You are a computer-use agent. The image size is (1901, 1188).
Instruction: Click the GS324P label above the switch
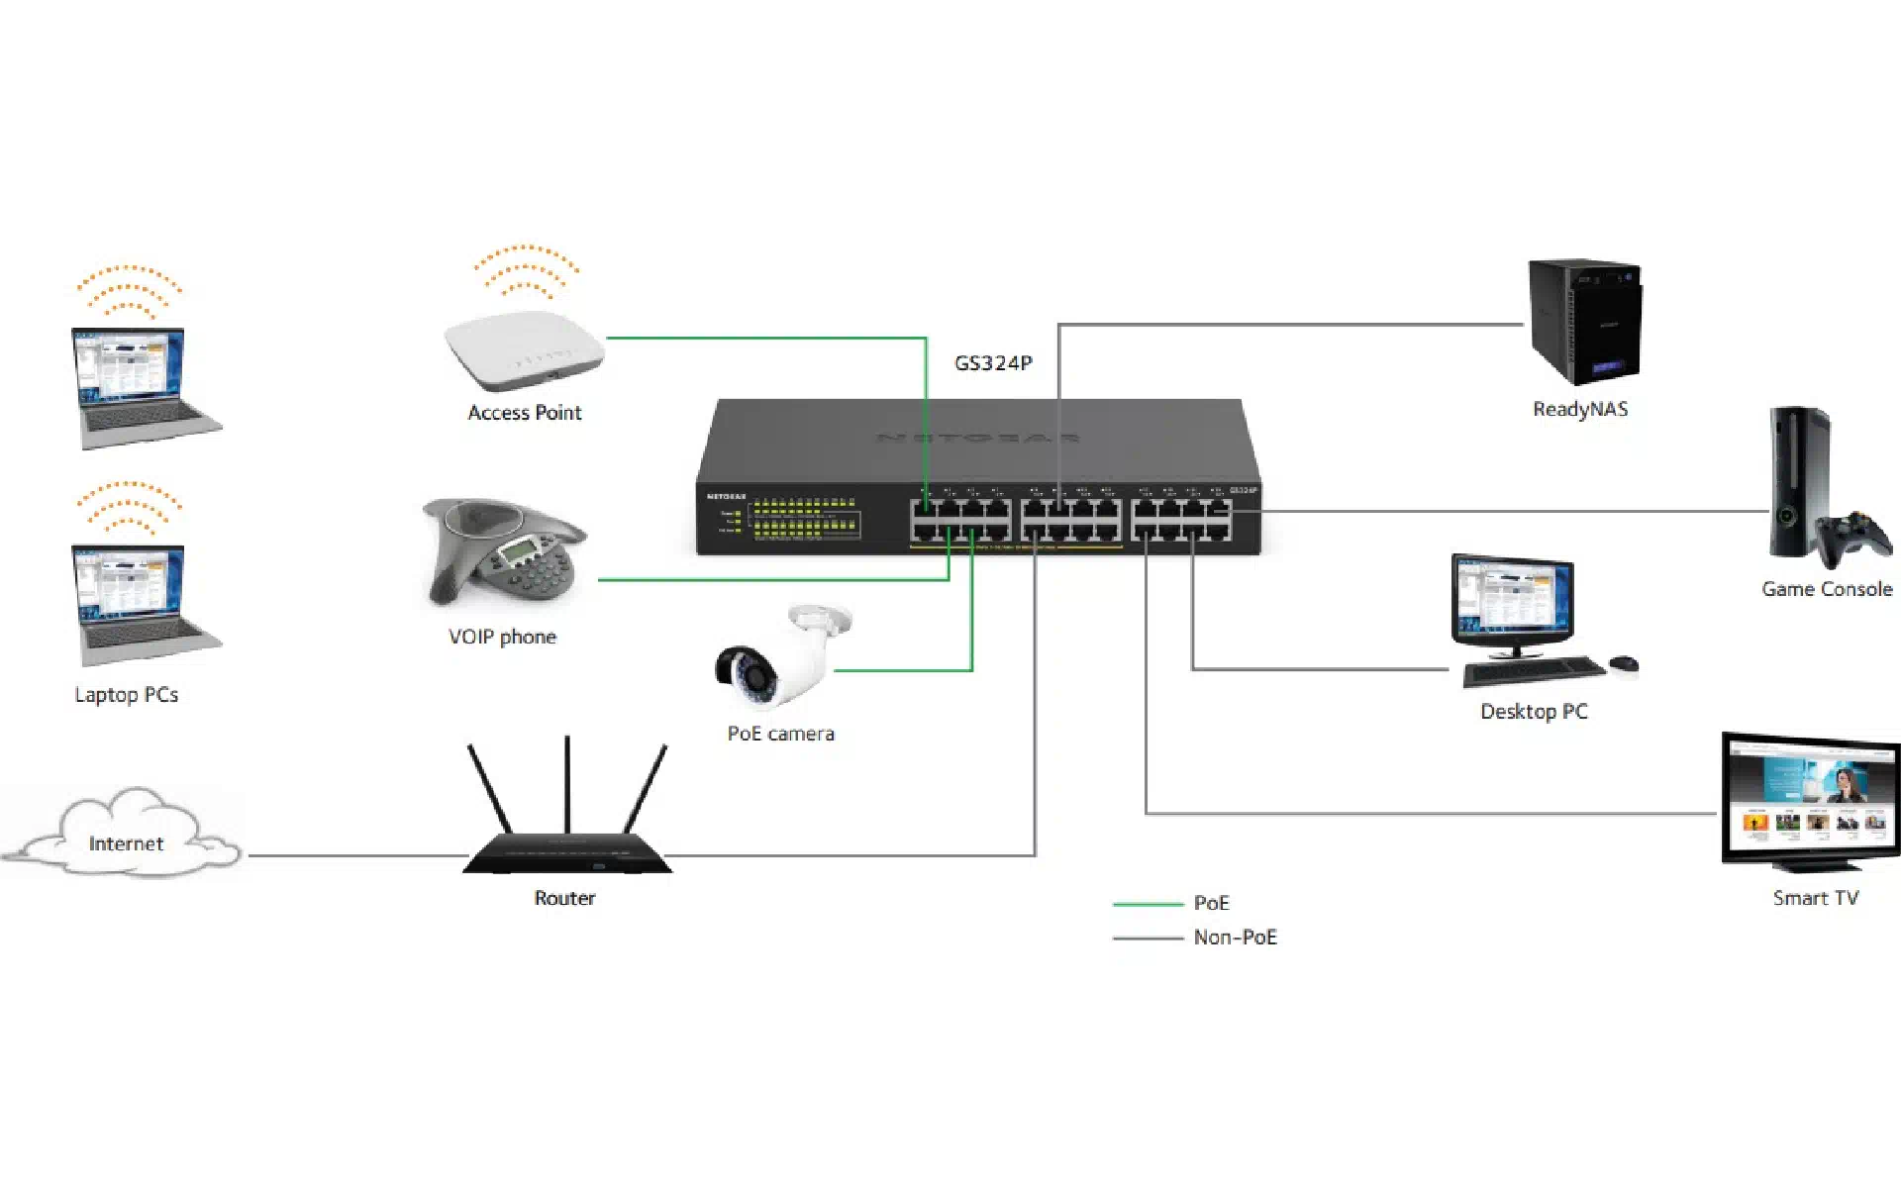993,363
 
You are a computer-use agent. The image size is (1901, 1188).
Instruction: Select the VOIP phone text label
502,637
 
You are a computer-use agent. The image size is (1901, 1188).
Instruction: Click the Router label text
564,898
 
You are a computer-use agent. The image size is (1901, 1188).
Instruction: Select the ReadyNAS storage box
1583,322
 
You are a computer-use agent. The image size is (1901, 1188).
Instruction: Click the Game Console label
1827,589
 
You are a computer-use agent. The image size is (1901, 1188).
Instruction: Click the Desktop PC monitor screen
1512,599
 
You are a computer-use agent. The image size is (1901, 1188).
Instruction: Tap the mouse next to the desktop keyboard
1624,663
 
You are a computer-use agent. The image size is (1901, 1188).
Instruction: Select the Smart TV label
1815,898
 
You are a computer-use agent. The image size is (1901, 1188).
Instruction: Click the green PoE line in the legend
1148,904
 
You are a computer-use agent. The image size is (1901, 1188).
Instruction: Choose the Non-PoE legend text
1235,938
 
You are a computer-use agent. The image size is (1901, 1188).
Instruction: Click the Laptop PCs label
127,695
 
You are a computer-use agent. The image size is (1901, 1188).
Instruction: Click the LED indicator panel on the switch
804,520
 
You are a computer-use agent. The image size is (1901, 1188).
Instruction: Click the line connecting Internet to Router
356,855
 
